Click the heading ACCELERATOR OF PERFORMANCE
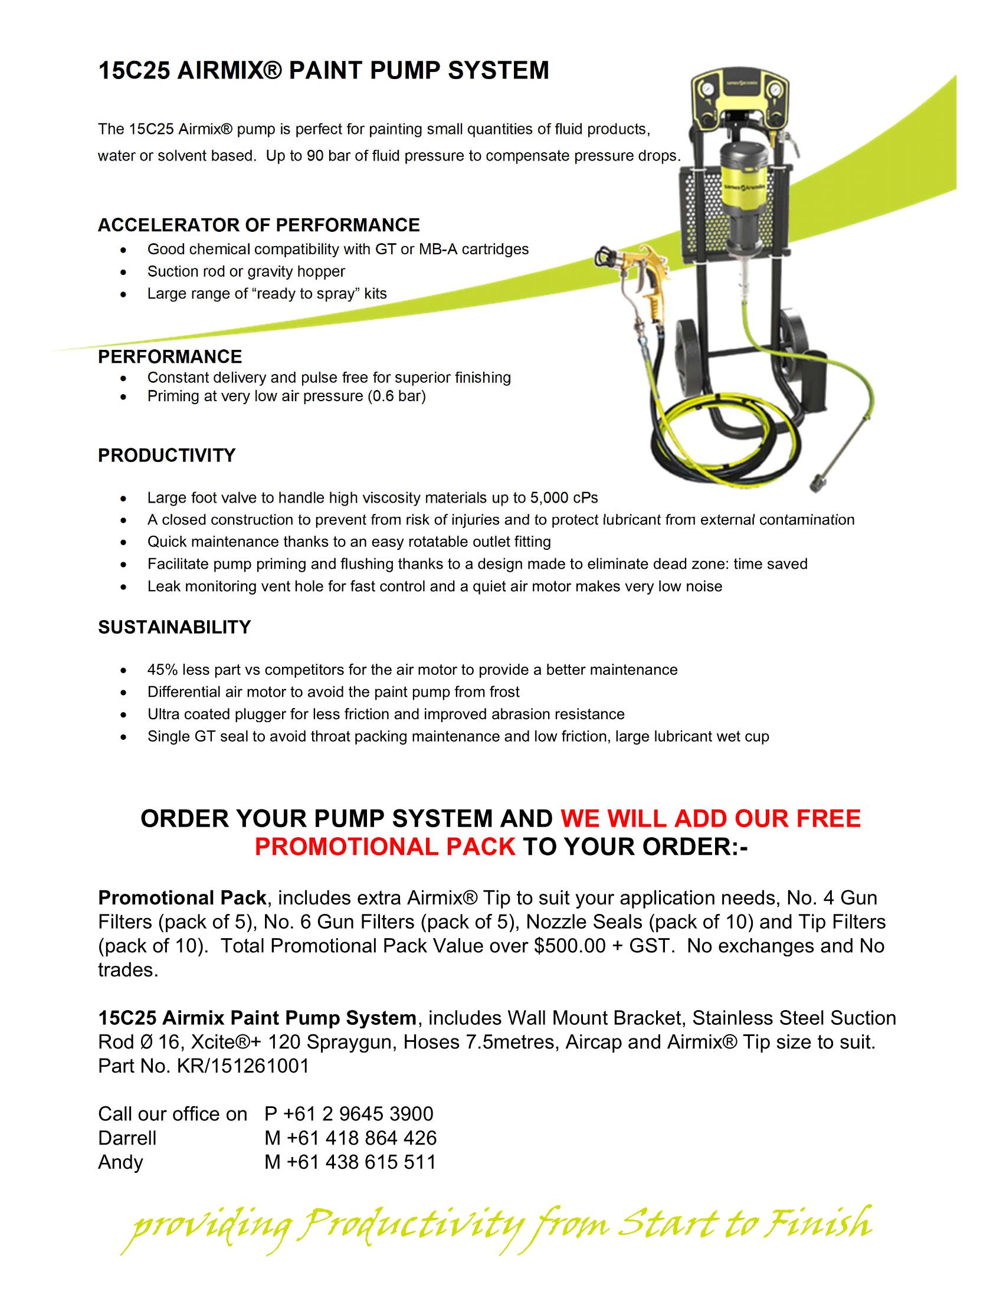click(258, 225)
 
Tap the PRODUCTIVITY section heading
click(166, 456)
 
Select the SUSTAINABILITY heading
click(174, 628)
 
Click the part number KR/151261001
click(243, 1066)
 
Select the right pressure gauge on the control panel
click(774, 90)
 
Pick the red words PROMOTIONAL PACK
click(385, 846)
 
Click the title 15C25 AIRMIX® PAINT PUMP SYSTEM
click(323, 71)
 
